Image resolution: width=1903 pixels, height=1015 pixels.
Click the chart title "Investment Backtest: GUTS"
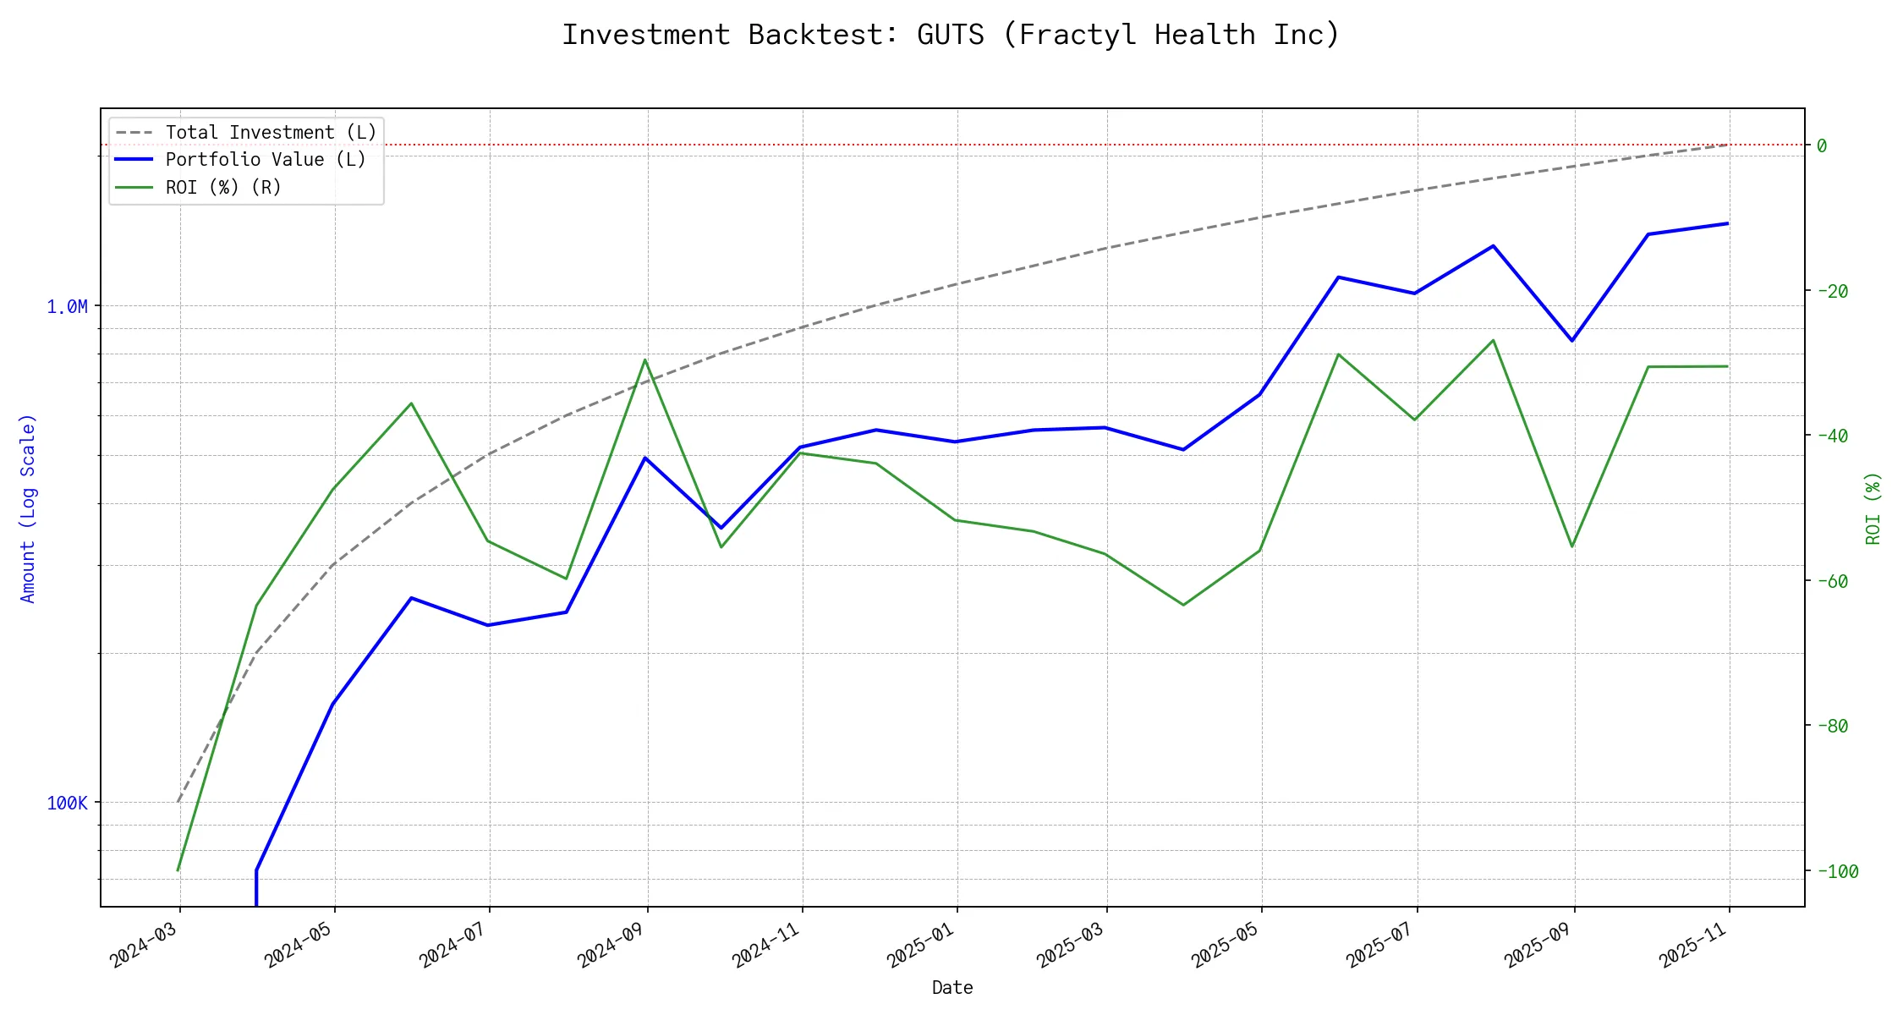click(951, 35)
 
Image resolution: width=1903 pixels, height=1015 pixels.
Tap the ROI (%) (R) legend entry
click(223, 187)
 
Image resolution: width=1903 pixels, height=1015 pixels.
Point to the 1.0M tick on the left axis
click(67, 306)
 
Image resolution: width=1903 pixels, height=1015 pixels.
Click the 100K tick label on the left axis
click(67, 803)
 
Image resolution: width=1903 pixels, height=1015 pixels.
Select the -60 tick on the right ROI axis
click(1837, 581)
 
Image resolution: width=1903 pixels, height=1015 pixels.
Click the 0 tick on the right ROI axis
click(1822, 145)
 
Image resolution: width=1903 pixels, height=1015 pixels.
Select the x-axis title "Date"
click(952, 987)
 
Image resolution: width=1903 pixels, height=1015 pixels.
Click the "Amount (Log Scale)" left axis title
click(28, 507)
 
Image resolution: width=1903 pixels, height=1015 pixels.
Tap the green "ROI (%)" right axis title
click(1873, 507)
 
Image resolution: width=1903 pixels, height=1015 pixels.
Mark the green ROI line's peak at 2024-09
click(645, 359)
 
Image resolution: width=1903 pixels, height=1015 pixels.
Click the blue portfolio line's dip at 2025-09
click(1572, 341)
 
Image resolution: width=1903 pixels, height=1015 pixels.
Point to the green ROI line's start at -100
click(178, 870)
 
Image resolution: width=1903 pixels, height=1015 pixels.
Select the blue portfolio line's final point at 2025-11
click(1727, 223)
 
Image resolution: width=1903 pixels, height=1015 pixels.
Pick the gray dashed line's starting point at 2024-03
click(178, 802)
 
